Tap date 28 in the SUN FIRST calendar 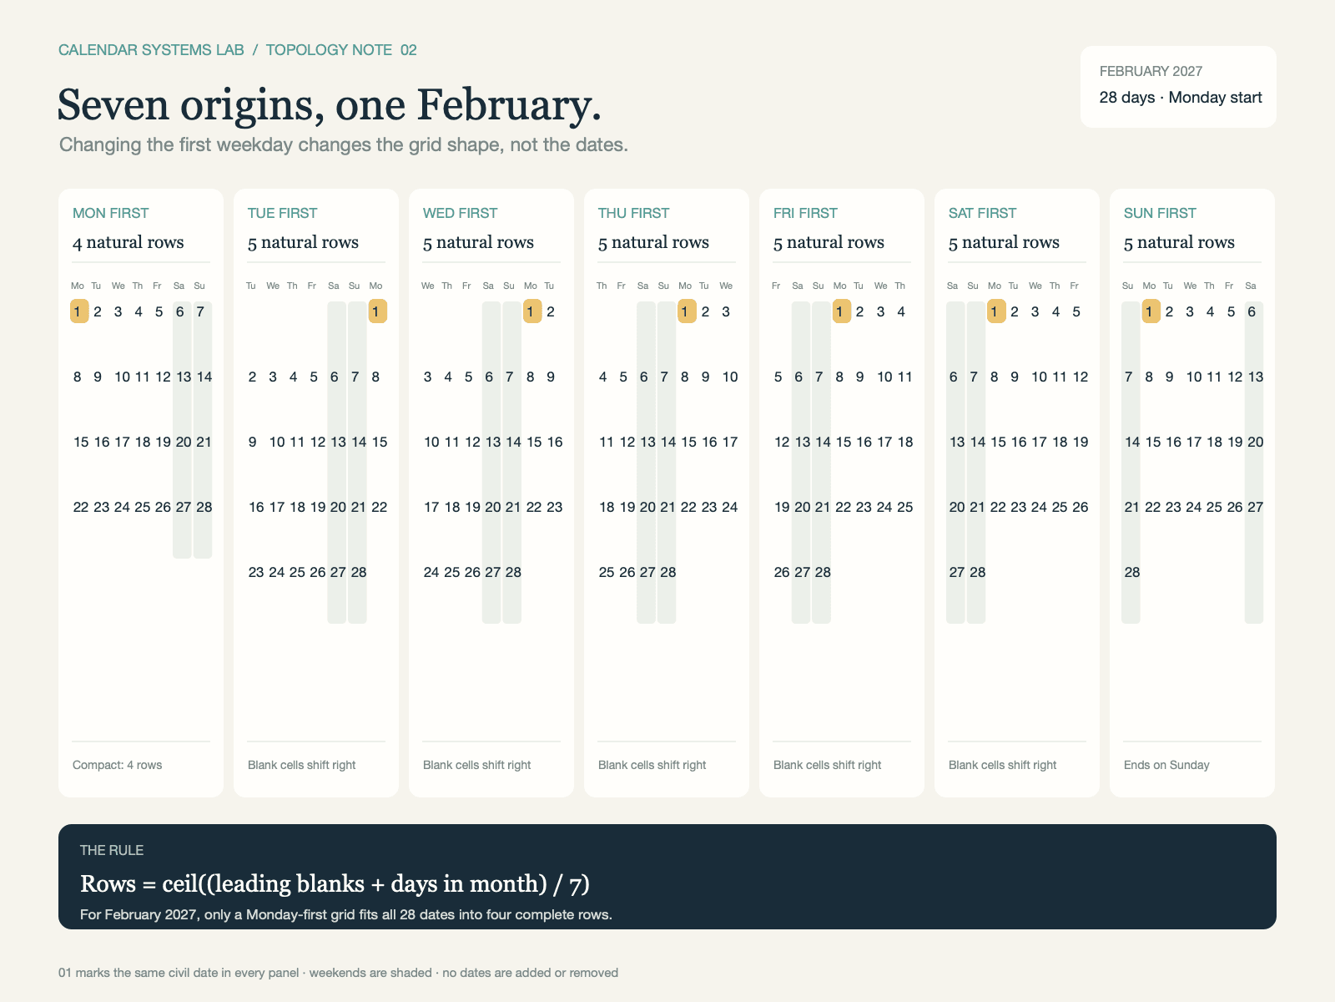coord(1132,572)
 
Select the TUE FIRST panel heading coord(282,213)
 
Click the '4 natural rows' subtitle coord(128,242)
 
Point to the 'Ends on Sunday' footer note coord(1166,765)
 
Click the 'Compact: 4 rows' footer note coord(117,765)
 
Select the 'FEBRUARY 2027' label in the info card coord(1151,71)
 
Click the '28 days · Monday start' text coord(1181,98)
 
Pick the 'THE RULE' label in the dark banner coord(111,850)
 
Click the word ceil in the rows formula coord(180,883)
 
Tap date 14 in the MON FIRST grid coord(204,377)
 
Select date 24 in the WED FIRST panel coord(431,572)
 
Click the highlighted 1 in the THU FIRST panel coord(687,311)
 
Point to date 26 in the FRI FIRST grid coord(782,572)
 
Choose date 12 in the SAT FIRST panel coord(1081,377)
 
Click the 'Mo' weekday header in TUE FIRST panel coord(375,286)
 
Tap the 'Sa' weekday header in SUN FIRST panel coord(1251,286)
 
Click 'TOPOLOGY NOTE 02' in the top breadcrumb coord(341,50)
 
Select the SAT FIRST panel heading coord(982,213)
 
